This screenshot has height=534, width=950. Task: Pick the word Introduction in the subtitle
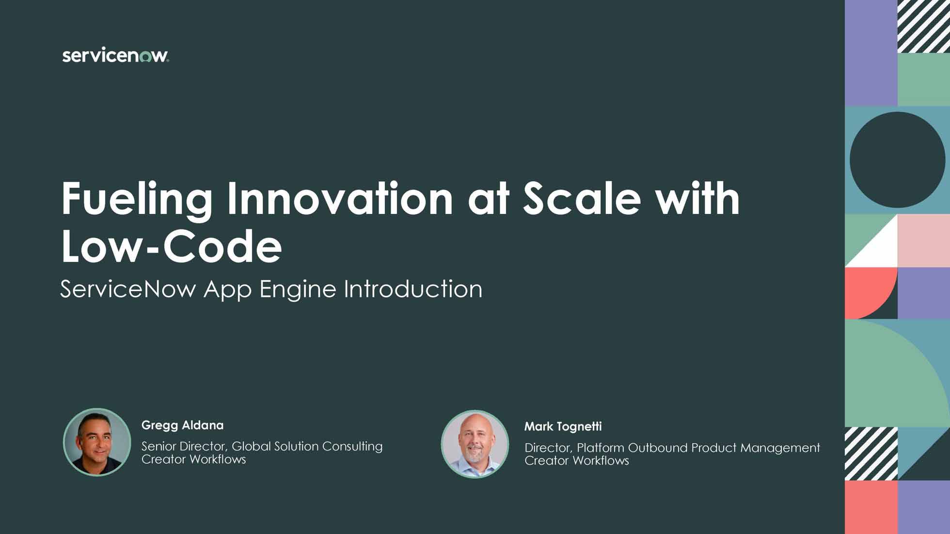click(x=413, y=289)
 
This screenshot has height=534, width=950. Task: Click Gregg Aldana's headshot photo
click(x=97, y=442)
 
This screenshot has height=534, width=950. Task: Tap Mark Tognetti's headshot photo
click(x=475, y=444)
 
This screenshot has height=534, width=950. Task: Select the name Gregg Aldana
click(x=182, y=425)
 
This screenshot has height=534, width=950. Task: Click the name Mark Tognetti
click(x=563, y=427)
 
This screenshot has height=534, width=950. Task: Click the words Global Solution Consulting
click(x=307, y=447)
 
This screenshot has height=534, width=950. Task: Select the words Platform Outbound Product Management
click(x=698, y=448)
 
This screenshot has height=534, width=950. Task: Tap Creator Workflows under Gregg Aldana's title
click(x=194, y=459)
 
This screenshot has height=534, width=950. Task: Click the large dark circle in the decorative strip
click(x=897, y=160)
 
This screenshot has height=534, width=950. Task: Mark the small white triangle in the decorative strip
click(x=880, y=249)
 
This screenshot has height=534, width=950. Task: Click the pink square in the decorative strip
click(x=923, y=241)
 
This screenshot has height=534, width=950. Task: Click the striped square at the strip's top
click(x=923, y=26)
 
